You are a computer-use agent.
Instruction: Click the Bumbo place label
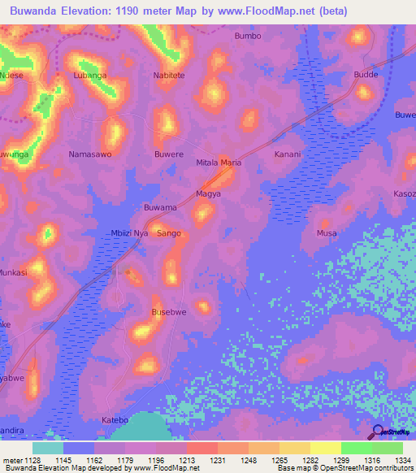click(x=248, y=36)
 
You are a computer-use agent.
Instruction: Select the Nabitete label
click(x=170, y=76)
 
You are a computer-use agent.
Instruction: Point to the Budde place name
click(x=366, y=75)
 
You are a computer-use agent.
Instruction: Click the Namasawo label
click(x=90, y=154)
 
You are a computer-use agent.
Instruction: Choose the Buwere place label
click(x=169, y=154)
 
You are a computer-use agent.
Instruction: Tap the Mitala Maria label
click(x=219, y=163)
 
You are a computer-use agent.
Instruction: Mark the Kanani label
click(x=288, y=154)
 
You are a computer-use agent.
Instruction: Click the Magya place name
click(x=209, y=194)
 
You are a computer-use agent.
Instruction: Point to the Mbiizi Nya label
click(x=129, y=233)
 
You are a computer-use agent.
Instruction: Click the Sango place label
click(x=169, y=233)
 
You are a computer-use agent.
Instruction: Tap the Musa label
click(x=327, y=233)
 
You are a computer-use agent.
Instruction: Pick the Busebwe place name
click(x=170, y=312)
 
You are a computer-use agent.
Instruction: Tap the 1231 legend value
click(x=215, y=461)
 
